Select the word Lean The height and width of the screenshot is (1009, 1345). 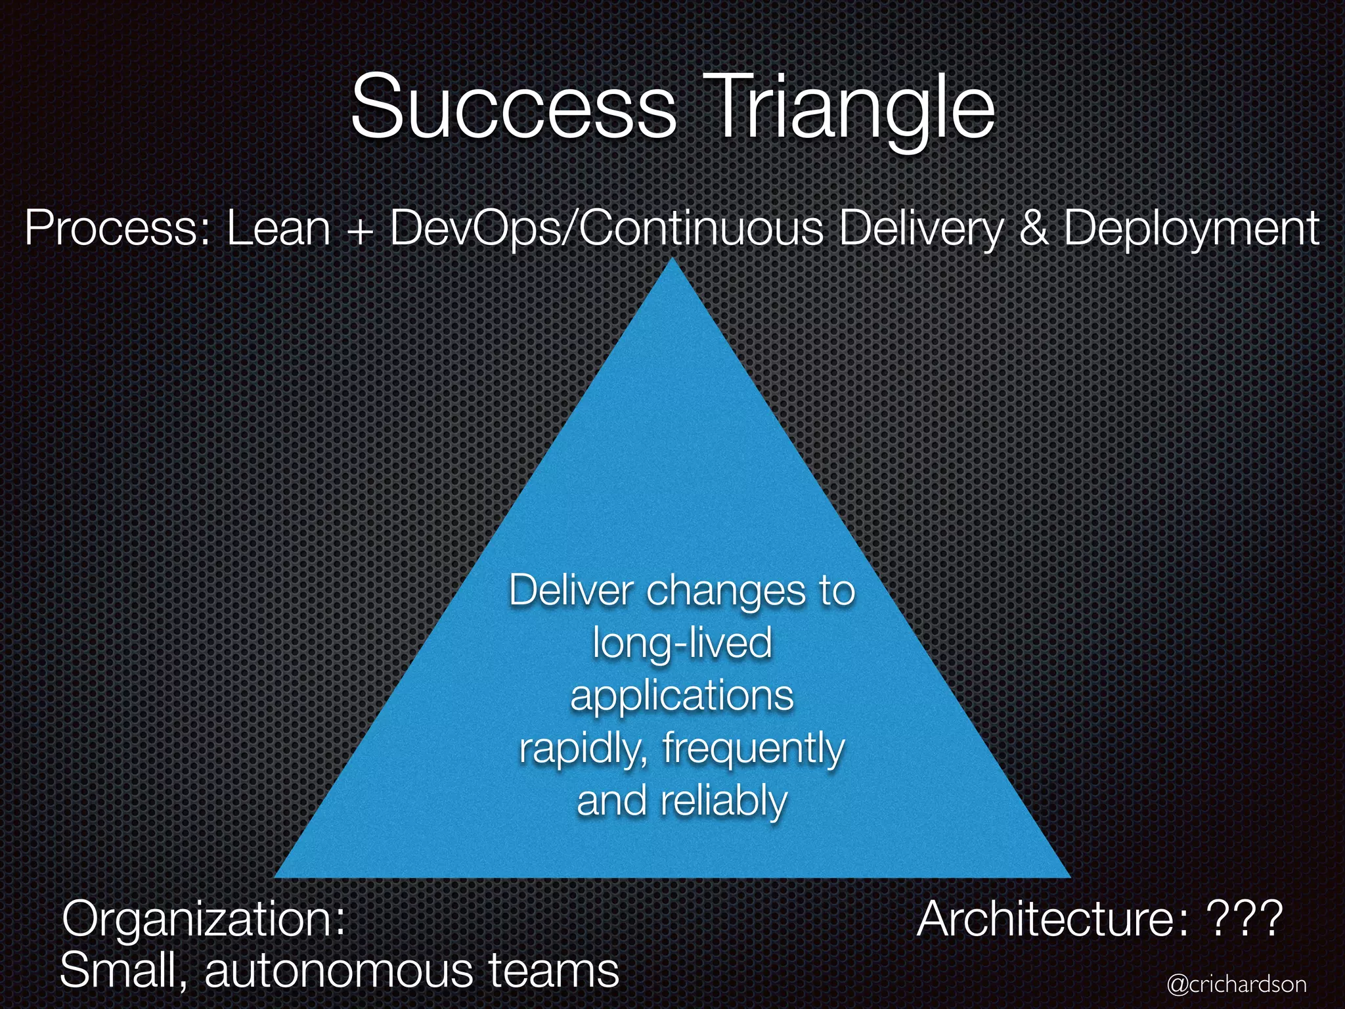click(278, 229)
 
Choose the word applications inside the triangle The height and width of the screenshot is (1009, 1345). click(682, 696)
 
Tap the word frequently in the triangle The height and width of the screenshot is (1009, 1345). click(753, 749)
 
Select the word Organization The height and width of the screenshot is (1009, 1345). click(204, 920)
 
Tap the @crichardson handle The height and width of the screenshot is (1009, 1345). click(1237, 984)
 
